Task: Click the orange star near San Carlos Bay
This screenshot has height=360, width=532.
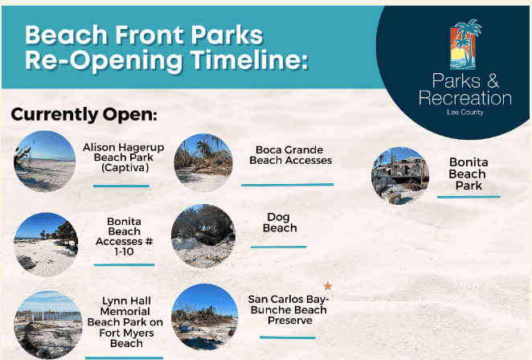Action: tap(327, 286)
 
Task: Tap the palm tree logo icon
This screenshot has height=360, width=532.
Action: tap(464, 44)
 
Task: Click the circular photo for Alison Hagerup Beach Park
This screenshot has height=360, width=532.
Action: tap(45, 162)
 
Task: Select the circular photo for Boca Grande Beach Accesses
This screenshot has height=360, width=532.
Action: tap(203, 163)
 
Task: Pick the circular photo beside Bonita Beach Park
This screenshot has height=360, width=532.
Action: tap(400, 176)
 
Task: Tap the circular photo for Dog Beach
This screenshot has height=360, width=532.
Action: tap(203, 236)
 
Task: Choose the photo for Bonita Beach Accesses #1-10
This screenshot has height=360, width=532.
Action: tap(46, 244)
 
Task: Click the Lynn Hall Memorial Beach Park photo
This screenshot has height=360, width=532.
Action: tap(48, 325)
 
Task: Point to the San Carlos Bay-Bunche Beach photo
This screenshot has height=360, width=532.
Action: tap(205, 317)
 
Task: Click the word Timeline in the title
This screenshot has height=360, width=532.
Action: tap(249, 59)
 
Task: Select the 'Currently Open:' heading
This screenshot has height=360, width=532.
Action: tap(84, 114)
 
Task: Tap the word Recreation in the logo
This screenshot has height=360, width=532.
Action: tap(465, 98)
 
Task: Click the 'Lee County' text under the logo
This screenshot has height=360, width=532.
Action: tap(465, 112)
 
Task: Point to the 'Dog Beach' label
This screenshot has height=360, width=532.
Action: tap(280, 223)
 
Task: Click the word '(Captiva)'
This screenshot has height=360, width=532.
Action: tap(125, 168)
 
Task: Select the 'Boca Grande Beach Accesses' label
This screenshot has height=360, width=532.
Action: tap(290, 155)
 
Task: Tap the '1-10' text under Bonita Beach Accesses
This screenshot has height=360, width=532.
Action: tap(124, 252)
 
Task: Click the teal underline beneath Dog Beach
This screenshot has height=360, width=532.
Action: tap(279, 247)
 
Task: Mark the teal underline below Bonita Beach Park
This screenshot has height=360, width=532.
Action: tap(469, 196)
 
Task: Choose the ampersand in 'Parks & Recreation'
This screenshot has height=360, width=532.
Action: tap(493, 81)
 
